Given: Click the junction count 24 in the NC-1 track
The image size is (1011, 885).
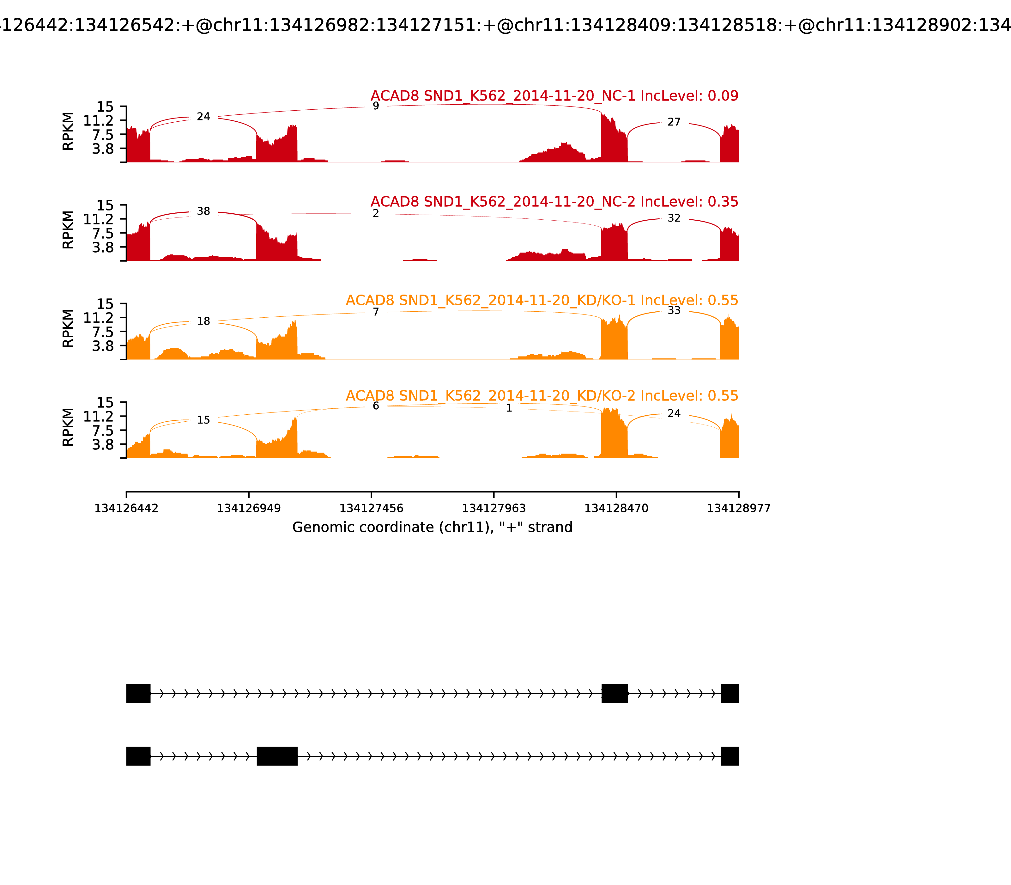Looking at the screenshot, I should click(x=203, y=117).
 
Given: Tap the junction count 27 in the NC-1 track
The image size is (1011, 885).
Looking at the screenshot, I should click(x=674, y=122).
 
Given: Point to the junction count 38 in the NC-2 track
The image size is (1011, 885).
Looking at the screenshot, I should click(x=203, y=211).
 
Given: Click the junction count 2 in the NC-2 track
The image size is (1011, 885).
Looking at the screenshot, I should click(x=376, y=213).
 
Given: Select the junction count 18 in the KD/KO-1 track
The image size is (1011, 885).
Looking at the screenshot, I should click(x=203, y=321).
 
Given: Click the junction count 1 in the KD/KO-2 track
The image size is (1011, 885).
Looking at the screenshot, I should click(x=509, y=408).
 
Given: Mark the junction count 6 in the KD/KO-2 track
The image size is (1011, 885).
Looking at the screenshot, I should click(x=376, y=406).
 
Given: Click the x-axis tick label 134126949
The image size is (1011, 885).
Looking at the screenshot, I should click(x=249, y=509).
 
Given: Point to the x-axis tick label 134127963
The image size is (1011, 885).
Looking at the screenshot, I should click(x=493, y=509).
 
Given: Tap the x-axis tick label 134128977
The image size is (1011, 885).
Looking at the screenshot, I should click(x=739, y=509).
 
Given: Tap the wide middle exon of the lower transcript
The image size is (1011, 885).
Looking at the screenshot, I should click(x=277, y=756).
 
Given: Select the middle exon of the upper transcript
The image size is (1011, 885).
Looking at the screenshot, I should click(x=614, y=693).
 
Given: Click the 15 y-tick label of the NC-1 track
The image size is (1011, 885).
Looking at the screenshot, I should click(x=105, y=107).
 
